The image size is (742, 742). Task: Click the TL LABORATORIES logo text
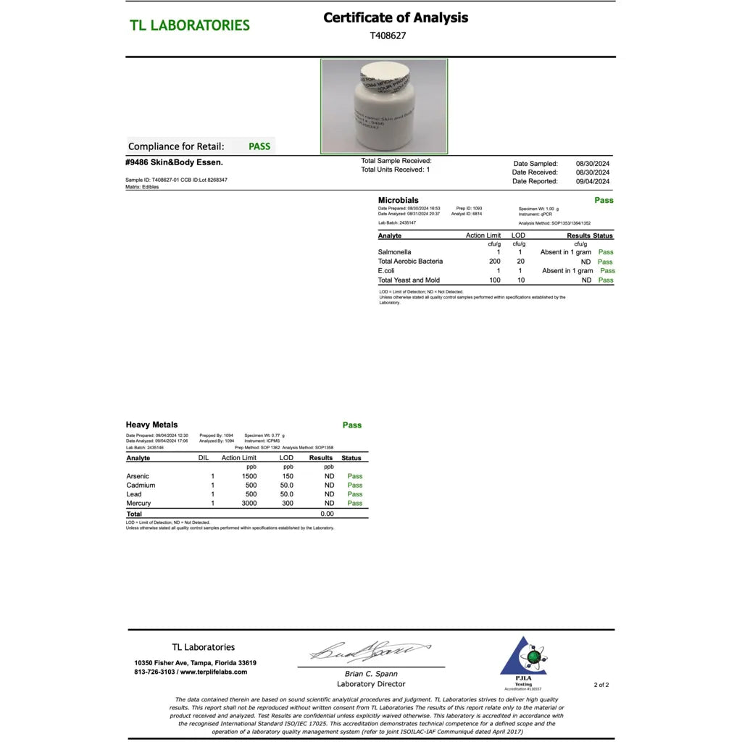click(x=190, y=25)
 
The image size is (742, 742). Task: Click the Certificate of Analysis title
click(x=396, y=17)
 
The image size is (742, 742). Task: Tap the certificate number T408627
click(x=388, y=35)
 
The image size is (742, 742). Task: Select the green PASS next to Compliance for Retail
click(x=259, y=146)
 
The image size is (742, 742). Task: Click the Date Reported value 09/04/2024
click(x=593, y=181)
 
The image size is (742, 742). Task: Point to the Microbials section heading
click(x=398, y=200)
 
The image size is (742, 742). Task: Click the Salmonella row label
click(x=394, y=252)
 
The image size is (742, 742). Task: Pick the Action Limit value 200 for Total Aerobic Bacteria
click(x=494, y=262)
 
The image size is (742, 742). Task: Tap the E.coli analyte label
click(x=386, y=271)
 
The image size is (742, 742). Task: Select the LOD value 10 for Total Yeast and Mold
click(x=521, y=280)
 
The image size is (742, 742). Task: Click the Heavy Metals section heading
click(x=151, y=425)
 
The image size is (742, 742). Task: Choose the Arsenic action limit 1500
click(x=249, y=476)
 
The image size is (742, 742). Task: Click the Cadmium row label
click(x=141, y=485)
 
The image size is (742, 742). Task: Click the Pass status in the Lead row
click(x=354, y=494)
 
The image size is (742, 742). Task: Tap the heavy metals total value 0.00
click(x=327, y=514)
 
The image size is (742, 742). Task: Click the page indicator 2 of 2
click(x=601, y=684)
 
